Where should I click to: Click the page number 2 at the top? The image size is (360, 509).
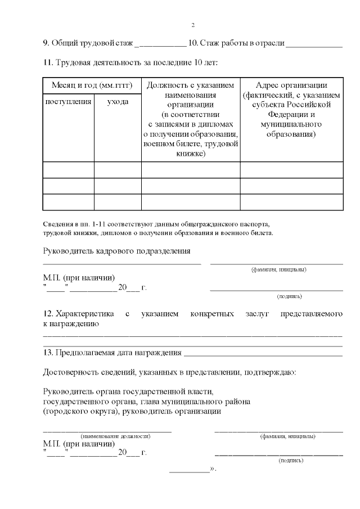coord(193,25)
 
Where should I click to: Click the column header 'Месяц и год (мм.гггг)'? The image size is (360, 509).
coord(92,85)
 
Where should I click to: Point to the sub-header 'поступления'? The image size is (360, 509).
coord(68,102)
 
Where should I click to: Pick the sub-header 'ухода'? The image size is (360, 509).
coord(117,102)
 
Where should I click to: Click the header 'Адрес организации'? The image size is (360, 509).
coord(291,85)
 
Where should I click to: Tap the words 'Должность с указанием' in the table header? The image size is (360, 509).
coord(190,85)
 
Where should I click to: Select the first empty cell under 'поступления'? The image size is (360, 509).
coord(68,170)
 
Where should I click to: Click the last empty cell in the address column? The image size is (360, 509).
coord(291,202)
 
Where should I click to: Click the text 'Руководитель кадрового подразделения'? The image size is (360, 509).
coord(116,251)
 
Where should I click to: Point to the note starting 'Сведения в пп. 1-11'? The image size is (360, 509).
coord(157,224)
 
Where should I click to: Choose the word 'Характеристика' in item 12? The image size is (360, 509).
coord(84,313)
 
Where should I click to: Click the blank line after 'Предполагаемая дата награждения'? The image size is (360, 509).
coord(263,354)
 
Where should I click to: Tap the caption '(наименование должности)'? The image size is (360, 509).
coord(115,436)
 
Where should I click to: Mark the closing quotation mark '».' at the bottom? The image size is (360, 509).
coord(213,469)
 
